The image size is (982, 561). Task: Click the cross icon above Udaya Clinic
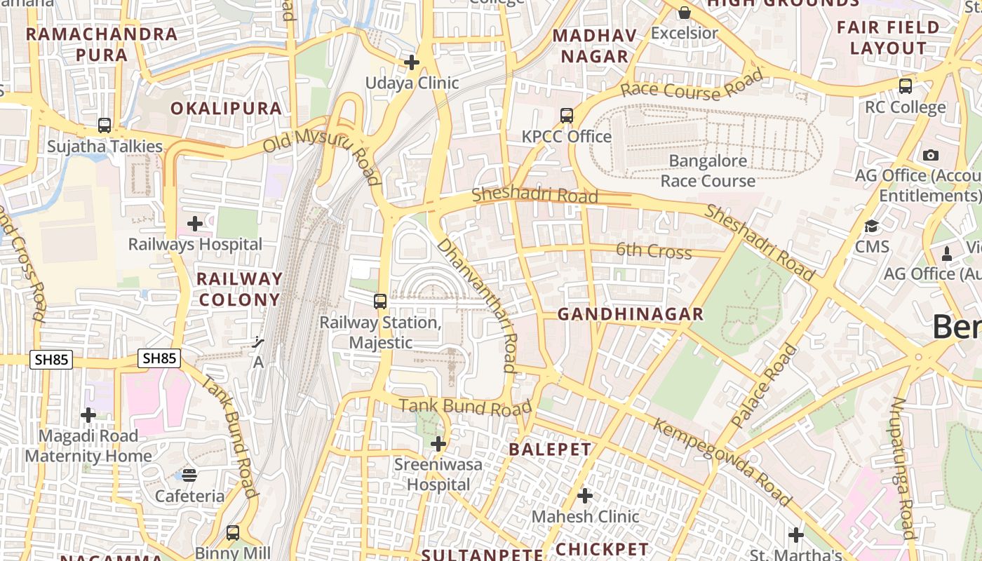coord(412,62)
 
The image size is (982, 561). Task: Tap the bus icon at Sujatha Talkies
coord(105,126)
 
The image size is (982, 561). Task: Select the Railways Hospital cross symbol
coord(195,224)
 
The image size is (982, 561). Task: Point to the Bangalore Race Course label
coord(708,171)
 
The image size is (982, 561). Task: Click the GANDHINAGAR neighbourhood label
coord(630,315)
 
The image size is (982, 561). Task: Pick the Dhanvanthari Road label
coord(477,304)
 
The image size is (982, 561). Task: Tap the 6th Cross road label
coord(654,251)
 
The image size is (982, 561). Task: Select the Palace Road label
coord(765,386)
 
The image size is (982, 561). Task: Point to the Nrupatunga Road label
coord(903,468)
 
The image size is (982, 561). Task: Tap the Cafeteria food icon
coord(189,475)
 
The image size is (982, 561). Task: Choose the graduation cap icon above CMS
coord(872,227)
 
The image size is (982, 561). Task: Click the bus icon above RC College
coord(906,86)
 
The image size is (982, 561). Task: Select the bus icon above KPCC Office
coord(567,116)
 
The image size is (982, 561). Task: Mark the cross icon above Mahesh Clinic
coord(585,496)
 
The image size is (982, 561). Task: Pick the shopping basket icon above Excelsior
coord(685,13)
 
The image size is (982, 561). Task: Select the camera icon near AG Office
coord(931,155)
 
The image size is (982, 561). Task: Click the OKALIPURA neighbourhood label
coord(226,109)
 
